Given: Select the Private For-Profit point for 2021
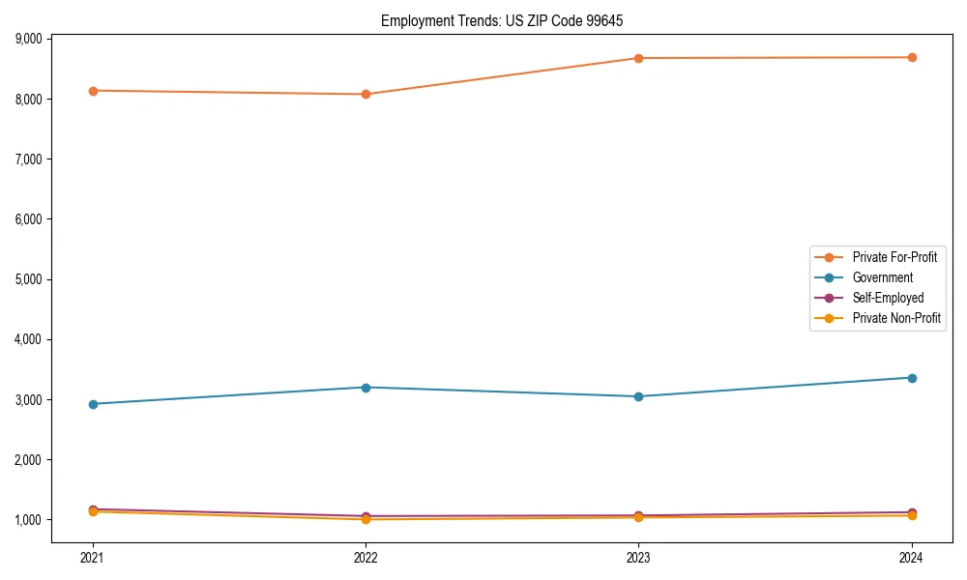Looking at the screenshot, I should [93, 91].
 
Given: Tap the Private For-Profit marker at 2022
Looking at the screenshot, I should [366, 95].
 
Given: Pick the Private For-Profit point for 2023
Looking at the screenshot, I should [638, 58].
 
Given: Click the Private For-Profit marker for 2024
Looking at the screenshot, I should [911, 57].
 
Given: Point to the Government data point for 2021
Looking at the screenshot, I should [93, 404].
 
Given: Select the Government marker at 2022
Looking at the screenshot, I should [366, 388].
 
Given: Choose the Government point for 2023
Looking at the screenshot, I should [638, 396].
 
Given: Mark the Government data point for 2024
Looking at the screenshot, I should [911, 378].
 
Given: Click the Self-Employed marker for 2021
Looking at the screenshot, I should [93, 509].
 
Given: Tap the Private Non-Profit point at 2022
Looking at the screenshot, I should [366, 519].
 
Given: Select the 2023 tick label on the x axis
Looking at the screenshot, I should [638, 557].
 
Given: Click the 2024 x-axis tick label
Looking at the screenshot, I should [911, 557].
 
